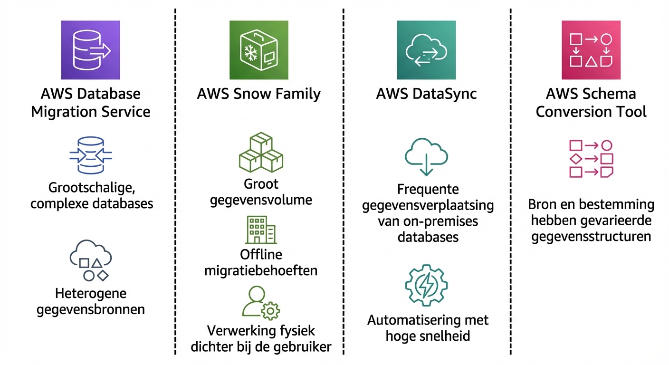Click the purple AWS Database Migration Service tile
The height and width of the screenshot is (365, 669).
click(90, 50)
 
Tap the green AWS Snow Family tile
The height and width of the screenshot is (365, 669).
click(258, 50)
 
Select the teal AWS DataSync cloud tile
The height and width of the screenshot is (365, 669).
click(426, 50)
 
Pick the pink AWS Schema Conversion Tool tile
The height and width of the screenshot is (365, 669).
click(591, 50)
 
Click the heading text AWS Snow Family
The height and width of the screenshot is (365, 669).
click(258, 94)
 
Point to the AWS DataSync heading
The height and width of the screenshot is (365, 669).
click(426, 94)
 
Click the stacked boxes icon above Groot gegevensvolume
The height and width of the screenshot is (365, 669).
click(261, 153)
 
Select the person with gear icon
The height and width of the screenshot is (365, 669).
click(260, 302)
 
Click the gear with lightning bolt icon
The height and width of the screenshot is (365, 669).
click(426, 286)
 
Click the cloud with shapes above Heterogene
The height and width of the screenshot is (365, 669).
click(90, 261)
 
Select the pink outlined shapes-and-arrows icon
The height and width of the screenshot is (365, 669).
click(591, 159)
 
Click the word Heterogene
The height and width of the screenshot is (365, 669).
click(90, 293)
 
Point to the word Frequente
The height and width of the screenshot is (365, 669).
click(428, 190)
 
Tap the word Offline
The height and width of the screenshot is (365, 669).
click(261, 255)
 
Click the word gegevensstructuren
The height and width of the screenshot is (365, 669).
click(591, 236)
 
